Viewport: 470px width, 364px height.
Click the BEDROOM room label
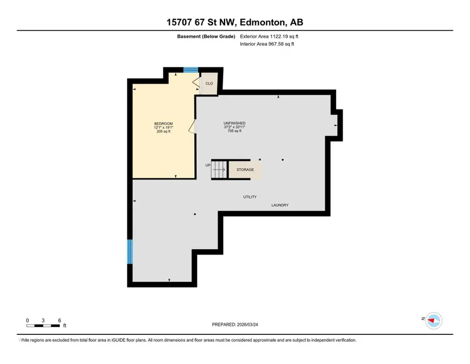pos(164,124)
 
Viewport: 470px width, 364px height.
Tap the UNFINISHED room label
pos(234,123)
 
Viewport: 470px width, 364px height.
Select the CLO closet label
pos(209,83)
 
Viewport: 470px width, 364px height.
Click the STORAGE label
pos(245,169)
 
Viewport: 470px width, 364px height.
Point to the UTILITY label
pos(250,197)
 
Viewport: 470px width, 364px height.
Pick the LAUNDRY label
pos(280,205)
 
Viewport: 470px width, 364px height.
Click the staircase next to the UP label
pos(219,169)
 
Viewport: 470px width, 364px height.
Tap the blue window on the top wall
pos(191,70)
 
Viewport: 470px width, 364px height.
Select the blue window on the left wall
pos(130,252)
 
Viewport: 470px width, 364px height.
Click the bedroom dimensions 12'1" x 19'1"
pos(164,128)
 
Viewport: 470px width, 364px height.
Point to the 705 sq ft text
pos(234,131)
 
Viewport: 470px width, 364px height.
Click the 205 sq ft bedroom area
pos(164,131)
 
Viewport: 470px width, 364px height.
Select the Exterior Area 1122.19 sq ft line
pos(269,37)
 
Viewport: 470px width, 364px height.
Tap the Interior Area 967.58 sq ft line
pos(267,44)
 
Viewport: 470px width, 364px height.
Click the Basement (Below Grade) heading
pos(206,37)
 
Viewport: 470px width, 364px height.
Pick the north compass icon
pos(434,321)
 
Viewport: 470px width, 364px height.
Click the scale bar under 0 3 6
pos(43,326)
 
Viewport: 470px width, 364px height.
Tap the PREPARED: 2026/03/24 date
pos(235,325)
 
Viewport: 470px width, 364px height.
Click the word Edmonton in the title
pos(263,22)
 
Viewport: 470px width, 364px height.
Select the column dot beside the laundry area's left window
pos(195,215)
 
